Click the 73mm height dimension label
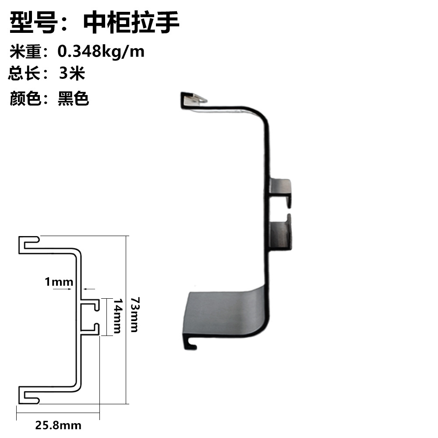pyautogui.click(x=135, y=314)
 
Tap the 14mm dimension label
pyautogui.click(x=117, y=316)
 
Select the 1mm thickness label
pyautogui.click(x=59, y=283)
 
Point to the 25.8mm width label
pyautogui.click(x=58, y=425)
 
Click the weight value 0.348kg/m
pyautogui.click(x=101, y=52)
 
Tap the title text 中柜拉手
pyautogui.click(x=131, y=23)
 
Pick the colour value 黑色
pyautogui.click(x=74, y=99)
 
